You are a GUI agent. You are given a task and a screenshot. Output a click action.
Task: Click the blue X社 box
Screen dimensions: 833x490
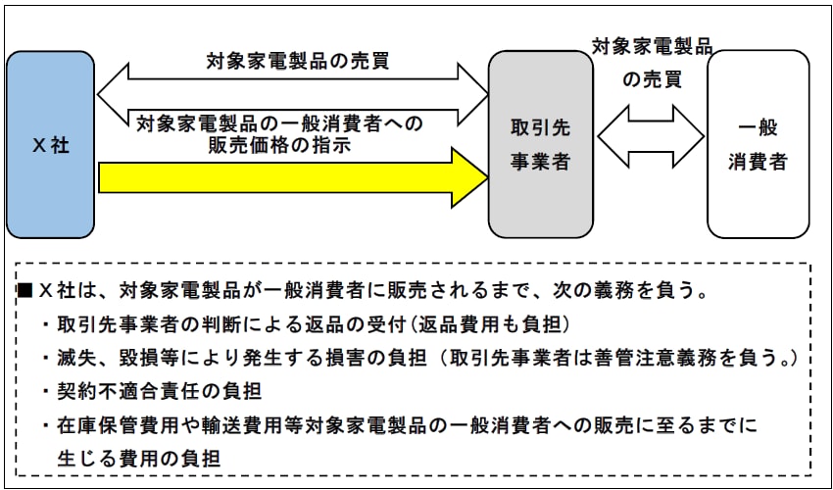pos(50,145)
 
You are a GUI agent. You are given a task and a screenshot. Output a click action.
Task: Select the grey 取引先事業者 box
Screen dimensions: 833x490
pos(540,145)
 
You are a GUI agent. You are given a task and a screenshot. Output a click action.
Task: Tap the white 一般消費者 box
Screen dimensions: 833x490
pos(759,145)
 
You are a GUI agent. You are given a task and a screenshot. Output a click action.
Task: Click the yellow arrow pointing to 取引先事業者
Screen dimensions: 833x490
pos(293,178)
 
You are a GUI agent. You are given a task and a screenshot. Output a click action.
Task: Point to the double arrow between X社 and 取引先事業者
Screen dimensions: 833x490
pos(293,95)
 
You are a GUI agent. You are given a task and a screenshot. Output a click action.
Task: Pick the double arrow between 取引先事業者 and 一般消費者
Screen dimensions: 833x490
pos(651,136)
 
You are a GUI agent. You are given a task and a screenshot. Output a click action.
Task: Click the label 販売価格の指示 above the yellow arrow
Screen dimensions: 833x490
pos(279,146)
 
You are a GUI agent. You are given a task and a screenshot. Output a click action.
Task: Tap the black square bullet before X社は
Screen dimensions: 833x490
pos(25,291)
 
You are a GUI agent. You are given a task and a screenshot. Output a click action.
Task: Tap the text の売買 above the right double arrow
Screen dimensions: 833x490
pos(653,79)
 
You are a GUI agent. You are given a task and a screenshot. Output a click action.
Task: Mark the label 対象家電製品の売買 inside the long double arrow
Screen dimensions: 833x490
pos(298,62)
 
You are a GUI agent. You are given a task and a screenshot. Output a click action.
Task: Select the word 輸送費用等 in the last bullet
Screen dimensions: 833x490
pos(254,425)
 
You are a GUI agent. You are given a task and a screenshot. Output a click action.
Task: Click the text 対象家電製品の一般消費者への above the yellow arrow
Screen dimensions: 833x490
pos(279,124)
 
